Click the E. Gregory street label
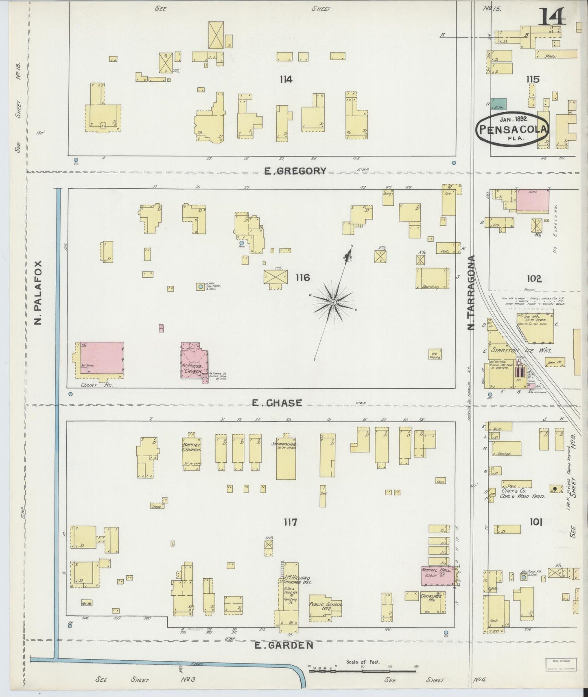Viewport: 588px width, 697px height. [295, 171]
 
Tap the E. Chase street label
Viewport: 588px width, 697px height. [277, 403]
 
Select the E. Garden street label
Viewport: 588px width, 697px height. [284, 645]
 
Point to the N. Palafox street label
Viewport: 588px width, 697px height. [39, 292]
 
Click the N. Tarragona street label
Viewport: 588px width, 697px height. [472, 293]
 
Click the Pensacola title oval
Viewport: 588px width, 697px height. [513, 129]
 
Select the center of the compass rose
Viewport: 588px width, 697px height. [333, 303]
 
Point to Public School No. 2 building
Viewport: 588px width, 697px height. [325, 610]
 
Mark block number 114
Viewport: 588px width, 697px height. [286, 79]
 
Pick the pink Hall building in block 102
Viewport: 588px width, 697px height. [532, 200]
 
